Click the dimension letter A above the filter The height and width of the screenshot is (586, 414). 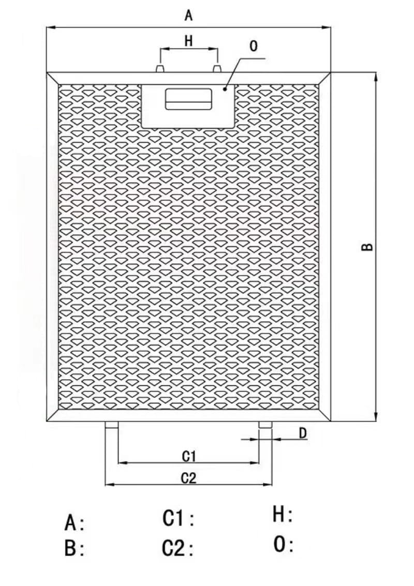click(188, 16)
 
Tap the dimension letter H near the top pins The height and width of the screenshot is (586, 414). click(189, 40)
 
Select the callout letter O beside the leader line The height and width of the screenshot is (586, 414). click(254, 47)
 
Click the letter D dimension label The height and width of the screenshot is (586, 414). click(303, 433)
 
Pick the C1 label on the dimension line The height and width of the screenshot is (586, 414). click(189, 456)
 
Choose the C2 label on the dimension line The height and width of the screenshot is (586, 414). click(189, 478)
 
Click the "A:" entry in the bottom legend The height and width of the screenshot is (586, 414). click(75, 522)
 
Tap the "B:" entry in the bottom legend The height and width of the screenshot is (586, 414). click(75, 549)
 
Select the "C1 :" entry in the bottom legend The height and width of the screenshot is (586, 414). click(179, 518)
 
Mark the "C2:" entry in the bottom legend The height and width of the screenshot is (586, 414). click(178, 548)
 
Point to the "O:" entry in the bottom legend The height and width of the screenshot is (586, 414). click(283, 544)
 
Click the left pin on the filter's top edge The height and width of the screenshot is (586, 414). click(160, 69)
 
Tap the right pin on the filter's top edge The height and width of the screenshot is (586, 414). click(217, 69)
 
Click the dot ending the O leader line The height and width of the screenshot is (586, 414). click(225, 88)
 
